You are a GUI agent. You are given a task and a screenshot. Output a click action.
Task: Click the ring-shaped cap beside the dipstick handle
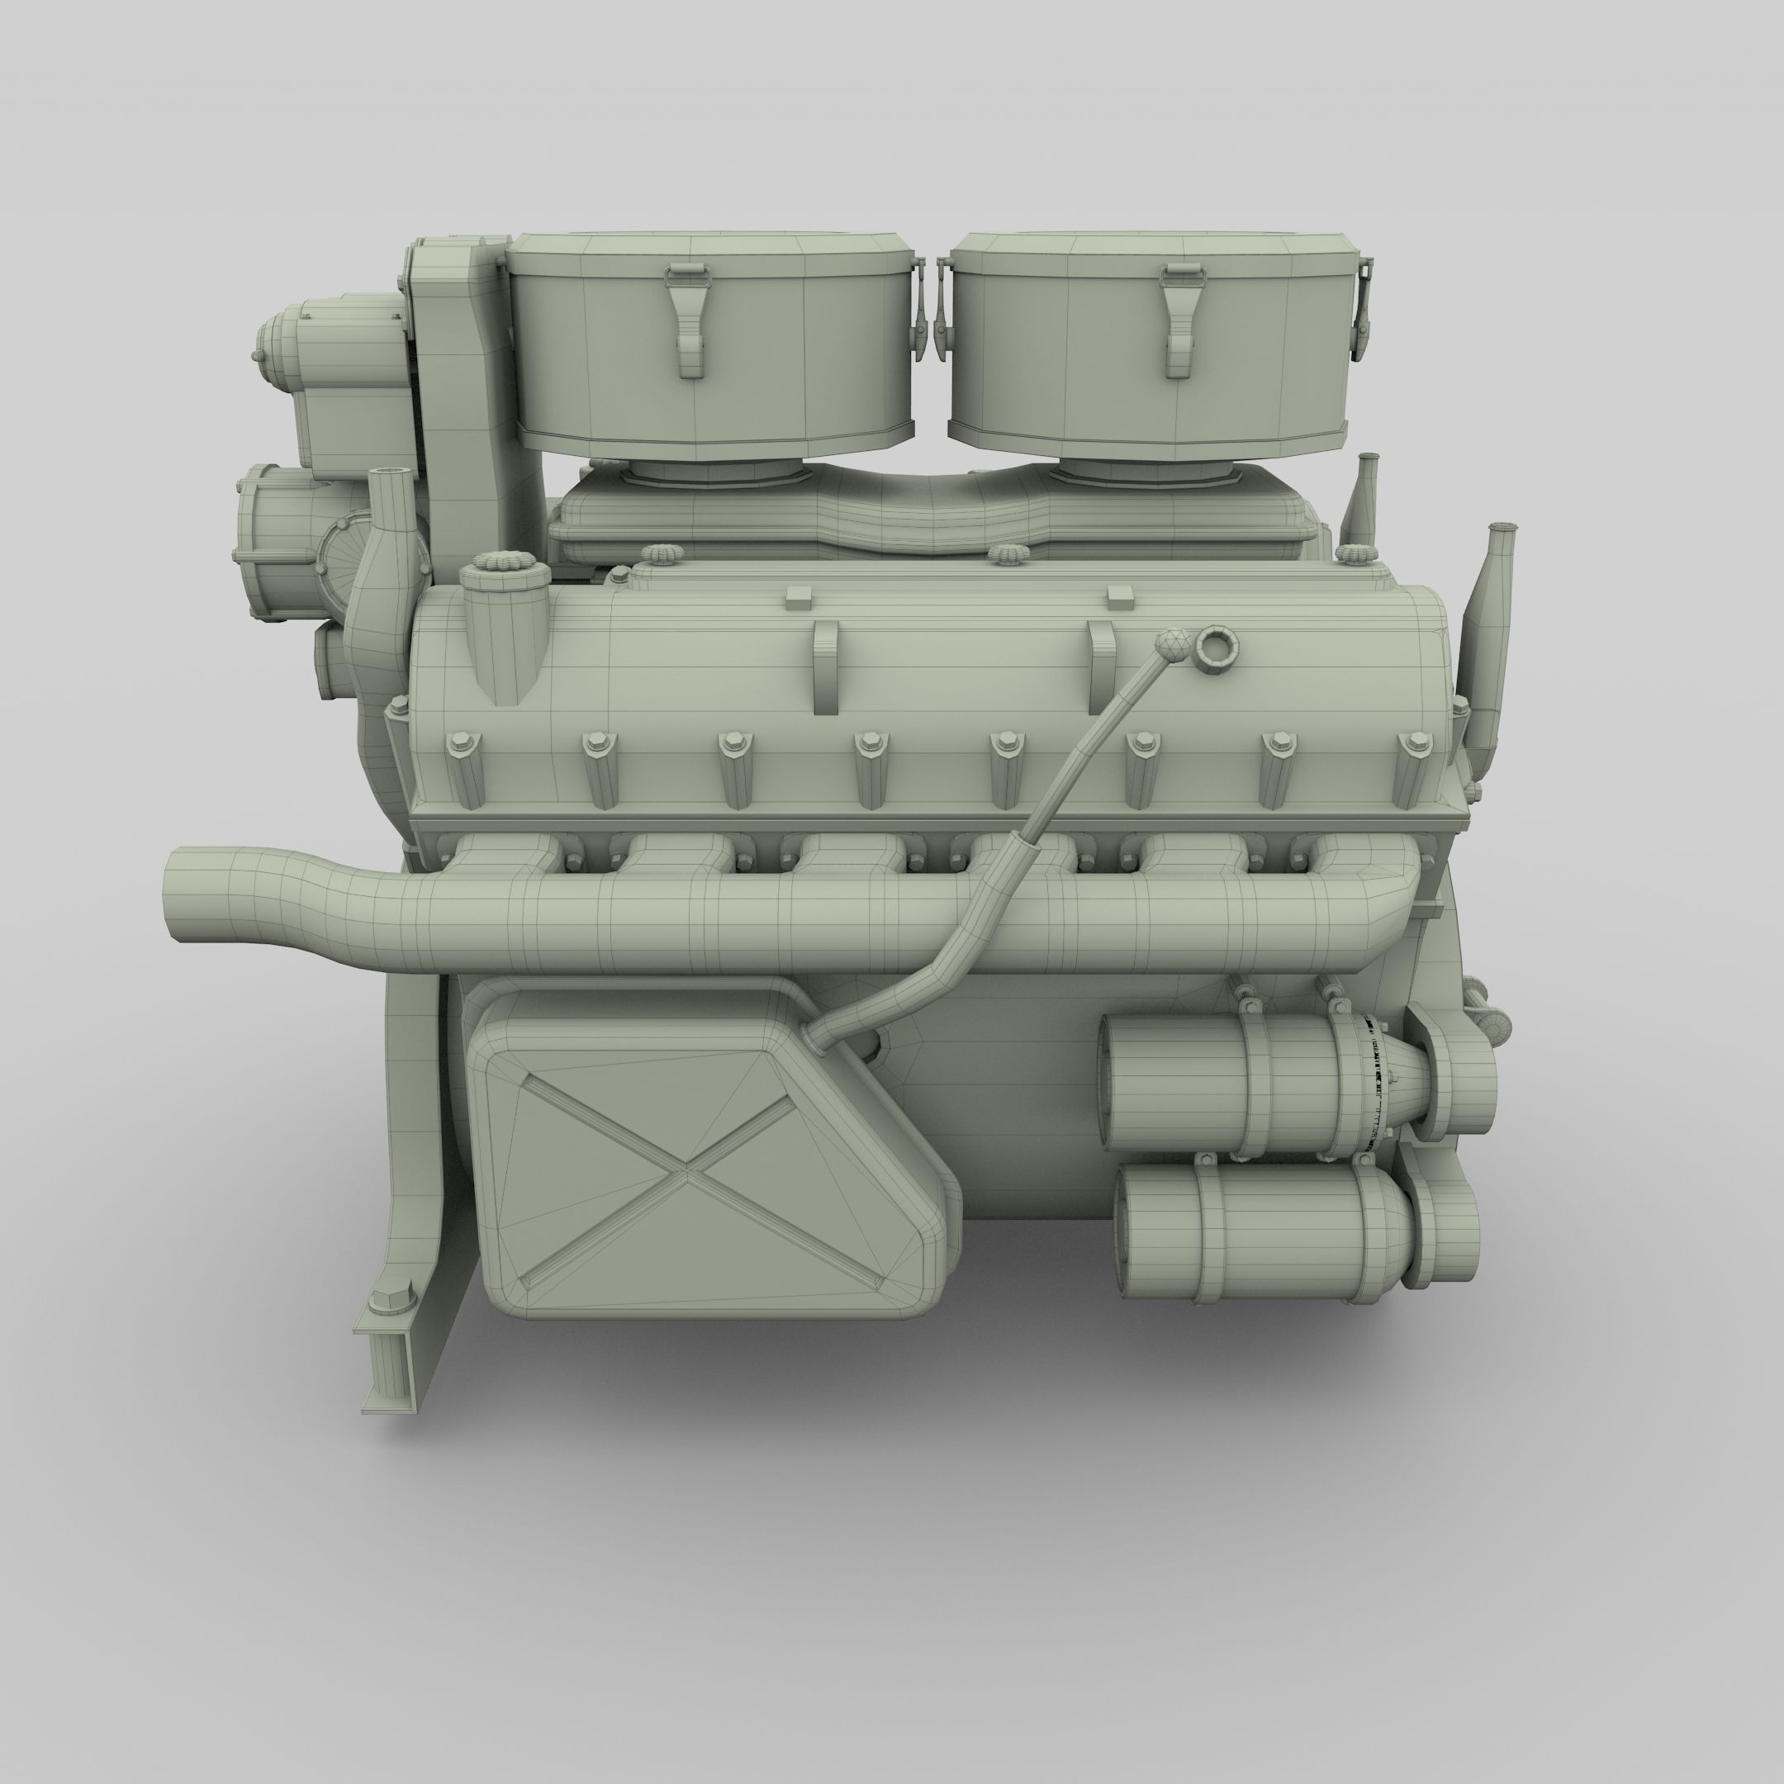pyautogui.click(x=1215, y=648)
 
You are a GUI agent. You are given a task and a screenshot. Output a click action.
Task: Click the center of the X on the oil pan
pyautogui.click(x=686, y=1174)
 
